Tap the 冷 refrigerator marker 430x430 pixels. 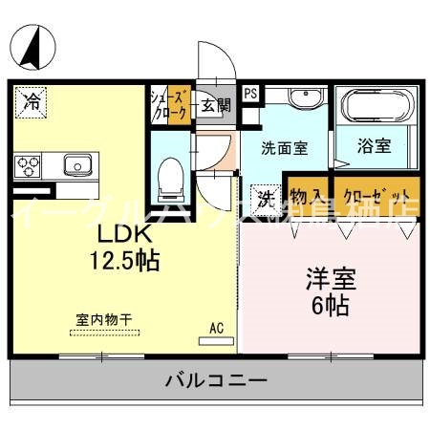pyautogui.click(x=32, y=99)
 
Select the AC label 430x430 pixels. pyautogui.click(x=216, y=328)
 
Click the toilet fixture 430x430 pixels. pyautogui.click(x=171, y=173)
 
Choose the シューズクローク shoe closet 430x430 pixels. pyautogui.click(x=171, y=104)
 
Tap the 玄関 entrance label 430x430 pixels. pyautogui.click(x=215, y=104)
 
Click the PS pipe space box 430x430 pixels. pyautogui.click(x=250, y=94)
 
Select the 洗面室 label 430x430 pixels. pyautogui.click(x=285, y=149)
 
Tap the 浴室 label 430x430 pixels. pyautogui.click(x=375, y=149)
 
